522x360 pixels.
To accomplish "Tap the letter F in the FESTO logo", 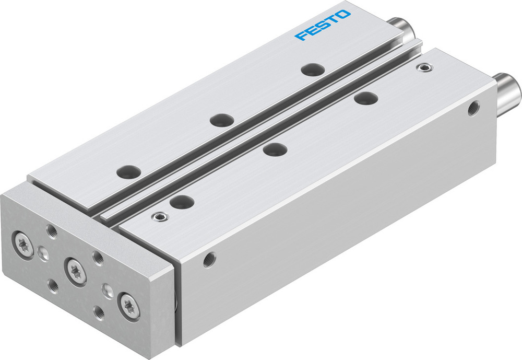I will [300, 36].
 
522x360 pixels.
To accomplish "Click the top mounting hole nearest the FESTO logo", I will [313, 69].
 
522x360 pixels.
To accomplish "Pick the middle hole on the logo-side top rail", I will [221, 119].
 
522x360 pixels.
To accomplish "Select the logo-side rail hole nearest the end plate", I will [128, 171].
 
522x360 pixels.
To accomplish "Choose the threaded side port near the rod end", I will [473, 109].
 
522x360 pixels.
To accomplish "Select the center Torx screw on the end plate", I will [74, 269].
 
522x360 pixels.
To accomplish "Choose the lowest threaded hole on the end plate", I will [98, 315].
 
